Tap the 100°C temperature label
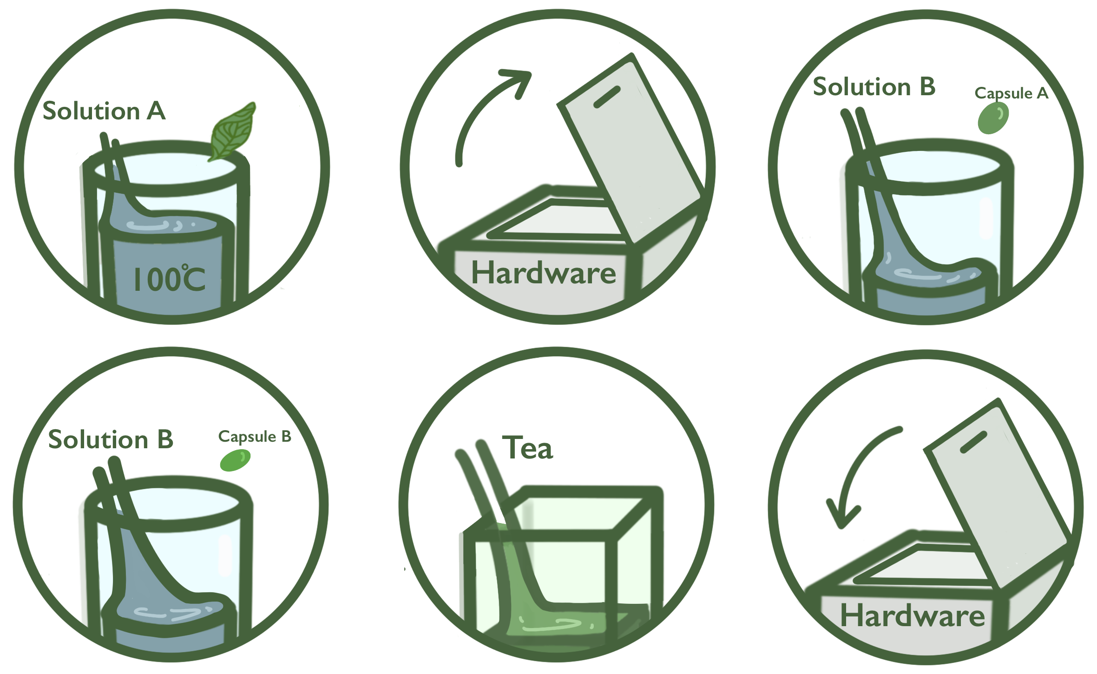pos(169,279)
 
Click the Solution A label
pos(104,111)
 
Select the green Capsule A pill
pos(993,118)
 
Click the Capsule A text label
pos(1012,93)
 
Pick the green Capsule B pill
pos(235,460)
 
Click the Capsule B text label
pos(255,437)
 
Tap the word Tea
pos(528,448)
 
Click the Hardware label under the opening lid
pos(544,273)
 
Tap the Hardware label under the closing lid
pos(913,616)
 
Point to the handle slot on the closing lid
pos(973,442)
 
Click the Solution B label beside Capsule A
pos(874,87)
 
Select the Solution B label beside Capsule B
pos(111,439)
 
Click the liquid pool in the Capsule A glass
pos(929,279)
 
